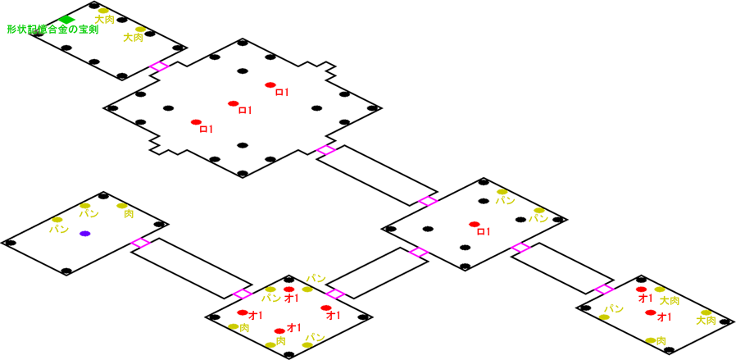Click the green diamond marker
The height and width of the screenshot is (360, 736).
pos(67,20)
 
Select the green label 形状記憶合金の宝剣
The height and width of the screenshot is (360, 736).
pos(52,30)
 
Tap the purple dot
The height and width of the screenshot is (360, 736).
pos(84,234)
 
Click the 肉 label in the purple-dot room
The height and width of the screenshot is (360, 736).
pos(129,214)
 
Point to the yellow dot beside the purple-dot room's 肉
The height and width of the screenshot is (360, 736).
pos(121,205)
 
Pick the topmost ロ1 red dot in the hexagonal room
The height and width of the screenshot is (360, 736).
pos(270,85)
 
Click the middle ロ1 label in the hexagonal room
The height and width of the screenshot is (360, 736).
pos(244,111)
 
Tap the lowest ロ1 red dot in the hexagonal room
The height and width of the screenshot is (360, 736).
pos(196,122)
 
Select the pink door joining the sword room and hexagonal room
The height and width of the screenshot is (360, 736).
pos(159,66)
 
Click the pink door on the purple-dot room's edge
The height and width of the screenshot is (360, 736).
pos(140,243)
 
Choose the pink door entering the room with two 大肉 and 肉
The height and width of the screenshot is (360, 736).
pos(604,289)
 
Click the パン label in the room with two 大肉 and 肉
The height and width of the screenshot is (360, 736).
pos(614,308)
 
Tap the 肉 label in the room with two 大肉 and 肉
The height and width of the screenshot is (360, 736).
pos(661,340)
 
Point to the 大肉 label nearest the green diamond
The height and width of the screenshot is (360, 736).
pos(104,18)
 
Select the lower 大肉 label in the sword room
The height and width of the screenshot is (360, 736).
pos(133,37)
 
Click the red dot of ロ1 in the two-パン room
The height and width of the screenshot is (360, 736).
pos(473,224)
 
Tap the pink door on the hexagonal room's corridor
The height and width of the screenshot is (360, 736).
pos(325,150)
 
